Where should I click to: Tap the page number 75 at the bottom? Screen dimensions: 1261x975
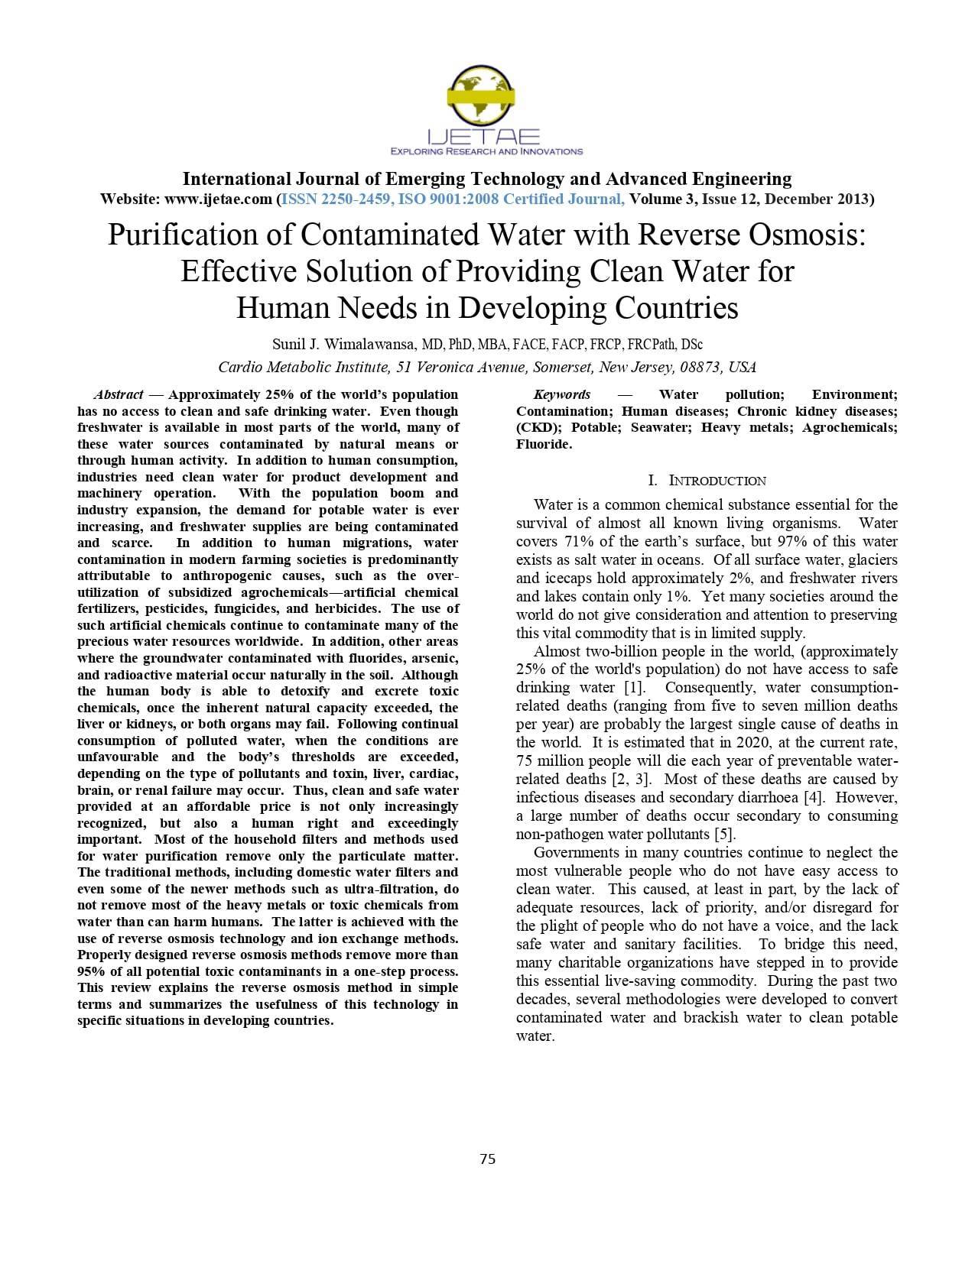pyautogui.click(x=487, y=1159)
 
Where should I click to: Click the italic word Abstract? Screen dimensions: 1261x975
pyautogui.click(x=119, y=395)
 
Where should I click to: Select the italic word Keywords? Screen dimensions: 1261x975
pyautogui.click(x=562, y=395)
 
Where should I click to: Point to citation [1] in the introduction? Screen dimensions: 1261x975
pyautogui.click(x=634, y=688)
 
